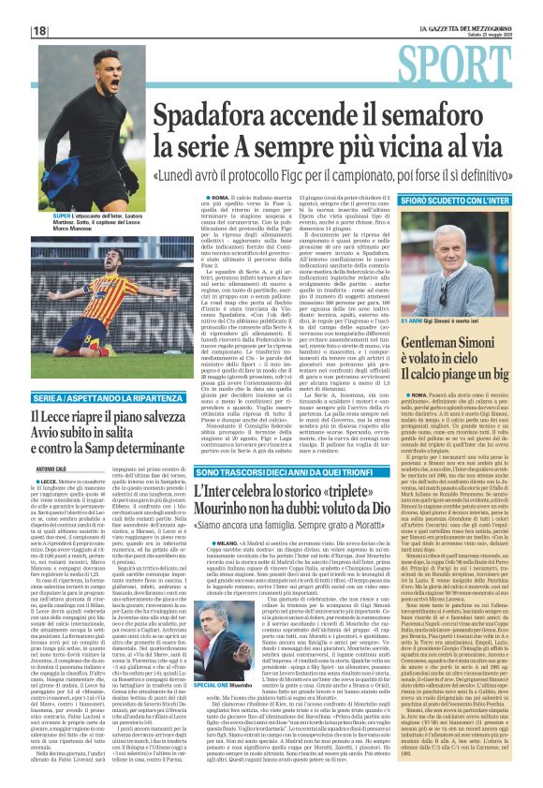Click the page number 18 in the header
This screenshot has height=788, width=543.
(x=40, y=31)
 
